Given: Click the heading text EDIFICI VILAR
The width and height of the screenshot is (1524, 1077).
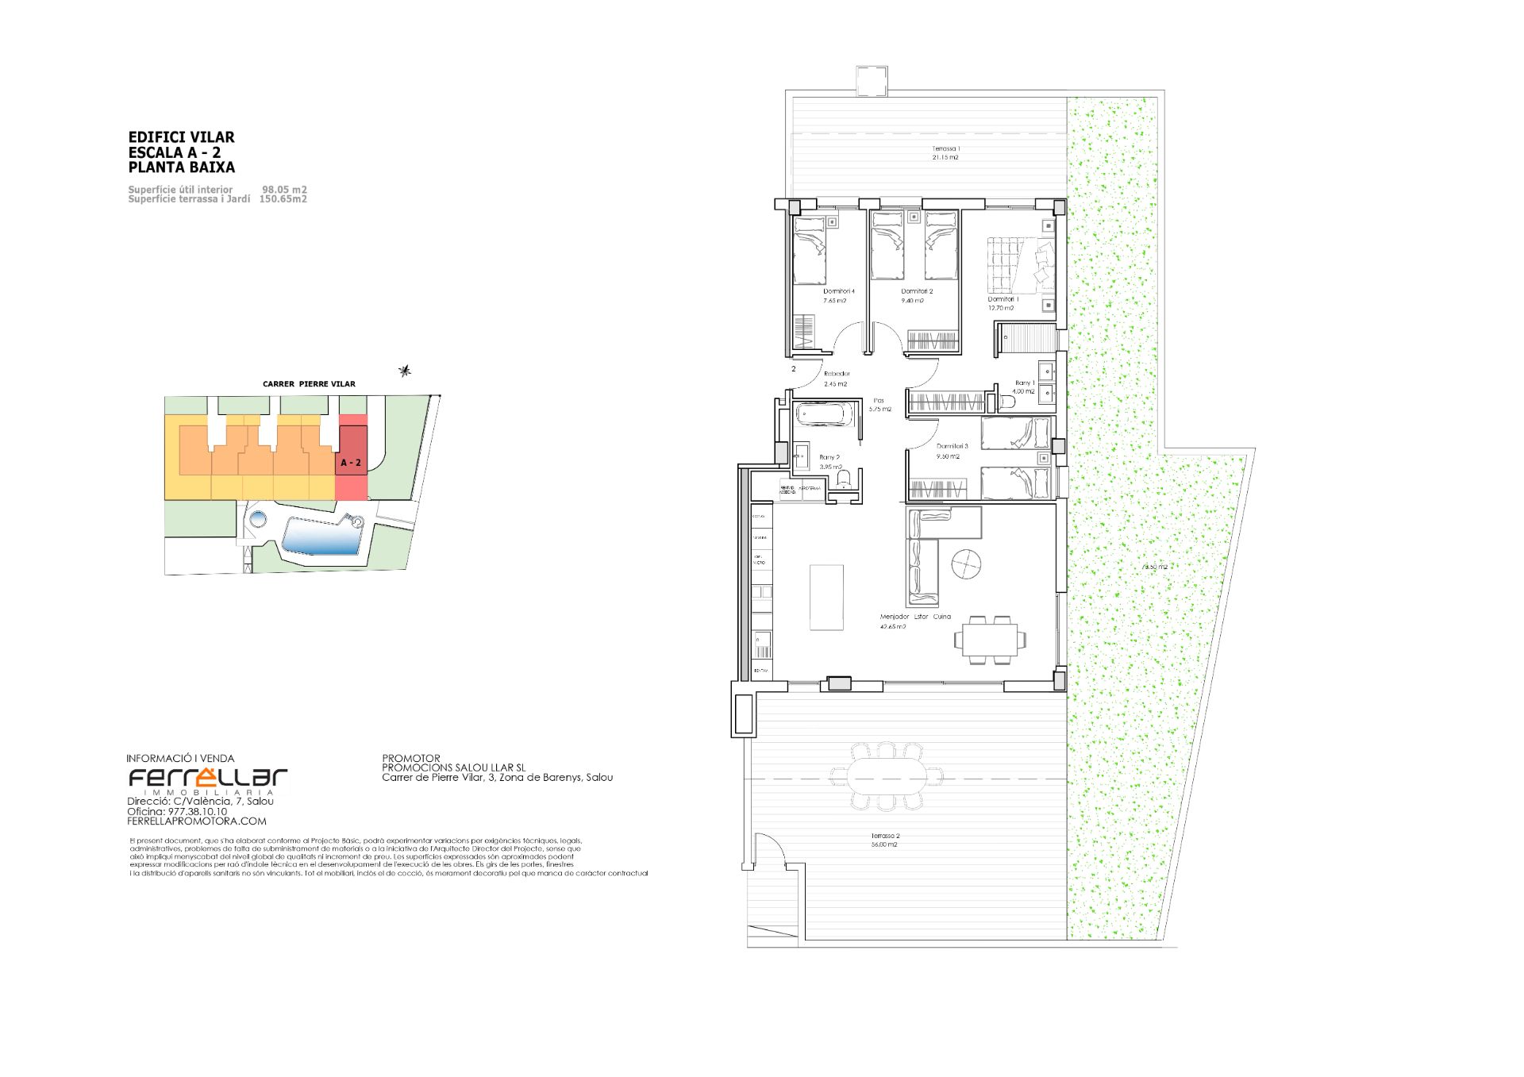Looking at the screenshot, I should coord(181,137).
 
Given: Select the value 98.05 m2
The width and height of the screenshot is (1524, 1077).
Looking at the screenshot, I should coord(284,190).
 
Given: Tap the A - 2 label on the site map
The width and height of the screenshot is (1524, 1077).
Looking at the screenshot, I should coord(351,462).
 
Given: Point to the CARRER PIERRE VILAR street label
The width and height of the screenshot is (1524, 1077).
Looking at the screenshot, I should coord(309,384).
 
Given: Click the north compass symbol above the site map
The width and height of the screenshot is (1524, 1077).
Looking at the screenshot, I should coord(406,370).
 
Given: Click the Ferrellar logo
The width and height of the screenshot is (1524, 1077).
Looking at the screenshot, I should coord(208,779).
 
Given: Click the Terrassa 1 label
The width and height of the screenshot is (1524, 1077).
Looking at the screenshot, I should coord(945,149).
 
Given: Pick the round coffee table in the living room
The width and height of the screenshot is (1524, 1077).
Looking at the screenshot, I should coord(966,564).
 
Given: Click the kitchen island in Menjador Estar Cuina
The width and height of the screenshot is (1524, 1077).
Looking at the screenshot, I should coord(826,597).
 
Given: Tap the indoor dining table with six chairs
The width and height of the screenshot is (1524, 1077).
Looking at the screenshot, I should coord(990,639).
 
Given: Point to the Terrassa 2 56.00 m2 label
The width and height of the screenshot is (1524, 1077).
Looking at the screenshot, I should coord(883,840).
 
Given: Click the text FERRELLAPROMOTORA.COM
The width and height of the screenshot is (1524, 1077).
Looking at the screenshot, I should coord(197,821).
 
